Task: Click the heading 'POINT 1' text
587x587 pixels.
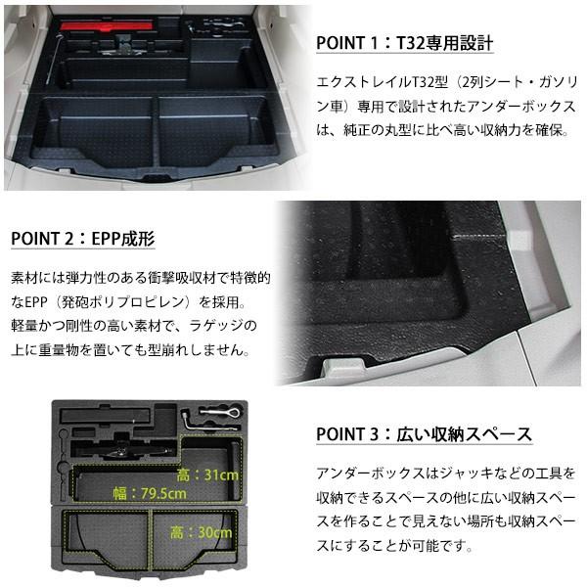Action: (352, 45)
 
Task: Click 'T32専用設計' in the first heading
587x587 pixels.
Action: (445, 45)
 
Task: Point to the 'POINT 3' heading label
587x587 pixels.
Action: (352, 434)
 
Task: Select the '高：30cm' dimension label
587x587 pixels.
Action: (200, 533)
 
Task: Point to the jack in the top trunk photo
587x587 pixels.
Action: (127, 44)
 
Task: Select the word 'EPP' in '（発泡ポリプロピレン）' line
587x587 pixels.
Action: (40, 302)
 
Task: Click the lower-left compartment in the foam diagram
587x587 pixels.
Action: (108, 538)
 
